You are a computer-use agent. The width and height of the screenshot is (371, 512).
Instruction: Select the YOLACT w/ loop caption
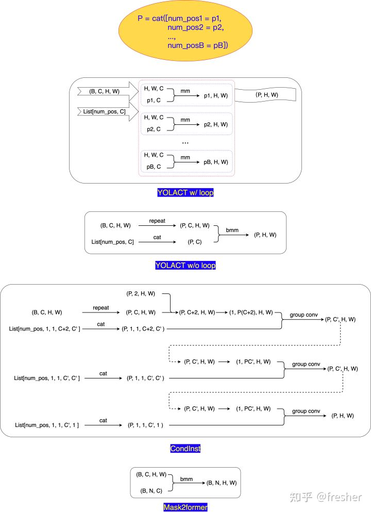(x=185, y=193)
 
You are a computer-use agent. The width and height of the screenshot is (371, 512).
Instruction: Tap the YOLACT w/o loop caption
(x=185, y=266)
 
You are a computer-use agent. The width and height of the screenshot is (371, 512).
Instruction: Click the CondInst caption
(x=185, y=449)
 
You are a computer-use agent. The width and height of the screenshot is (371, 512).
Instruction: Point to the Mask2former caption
(x=185, y=507)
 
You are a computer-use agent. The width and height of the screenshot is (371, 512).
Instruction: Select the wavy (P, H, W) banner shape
(x=266, y=95)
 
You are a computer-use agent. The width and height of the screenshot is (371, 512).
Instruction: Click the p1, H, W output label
(x=215, y=96)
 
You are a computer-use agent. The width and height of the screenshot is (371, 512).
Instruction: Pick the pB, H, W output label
(x=215, y=162)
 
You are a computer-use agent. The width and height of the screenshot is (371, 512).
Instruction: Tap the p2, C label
(x=154, y=129)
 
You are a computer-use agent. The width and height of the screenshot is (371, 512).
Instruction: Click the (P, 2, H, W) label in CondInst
(x=141, y=294)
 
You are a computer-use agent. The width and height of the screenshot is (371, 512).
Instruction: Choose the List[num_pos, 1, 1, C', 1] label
(x=47, y=425)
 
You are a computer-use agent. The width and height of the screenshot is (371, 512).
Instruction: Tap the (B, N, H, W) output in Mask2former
(x=221, y=483)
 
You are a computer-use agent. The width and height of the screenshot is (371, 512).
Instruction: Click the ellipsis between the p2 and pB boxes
(x=185, y=142)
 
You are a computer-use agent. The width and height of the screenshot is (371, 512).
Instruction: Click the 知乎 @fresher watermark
(x=326, y=497)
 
